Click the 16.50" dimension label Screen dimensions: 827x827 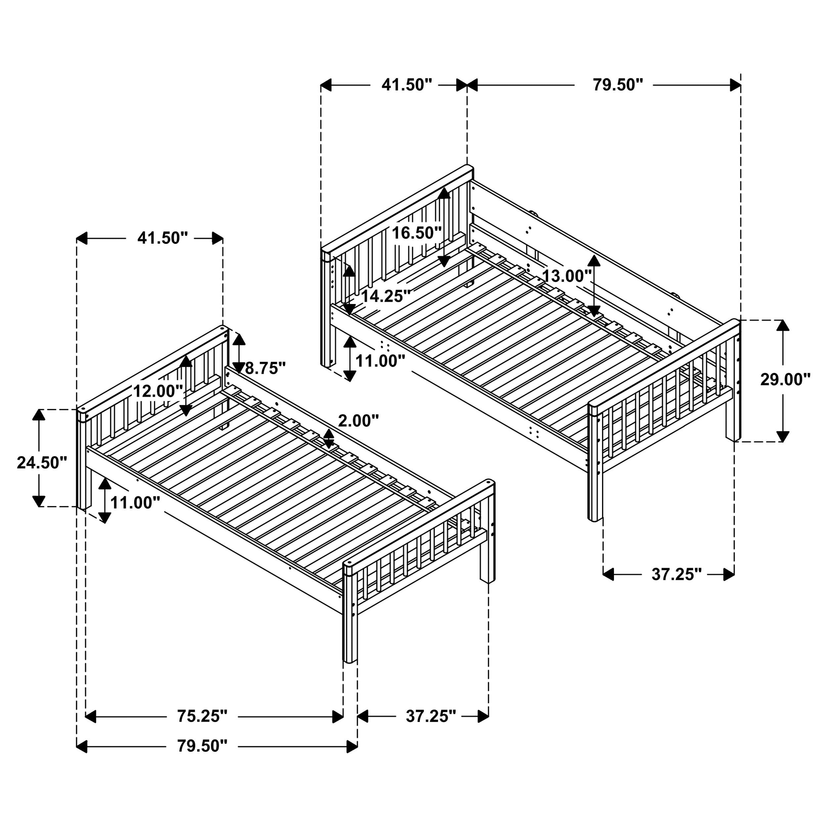(x=417, y=233)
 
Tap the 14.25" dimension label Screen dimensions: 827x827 (x=386, y=296)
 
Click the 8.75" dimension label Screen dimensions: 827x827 (x=265, y=368)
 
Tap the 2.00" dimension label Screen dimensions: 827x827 (x=359, y=421)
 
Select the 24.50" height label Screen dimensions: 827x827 (x=42, y=462)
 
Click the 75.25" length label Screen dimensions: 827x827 (x=202, y=716)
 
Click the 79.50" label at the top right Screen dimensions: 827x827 (x=618, y=85)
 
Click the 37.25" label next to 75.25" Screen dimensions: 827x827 (x=431, y=716)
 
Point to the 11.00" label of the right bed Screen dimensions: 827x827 (x=380, y=361)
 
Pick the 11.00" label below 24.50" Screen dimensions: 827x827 (x=135, y=502)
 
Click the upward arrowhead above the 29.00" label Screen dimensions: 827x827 (x=783, y=325)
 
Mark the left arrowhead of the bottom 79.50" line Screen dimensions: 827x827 (x=82, y=747)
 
